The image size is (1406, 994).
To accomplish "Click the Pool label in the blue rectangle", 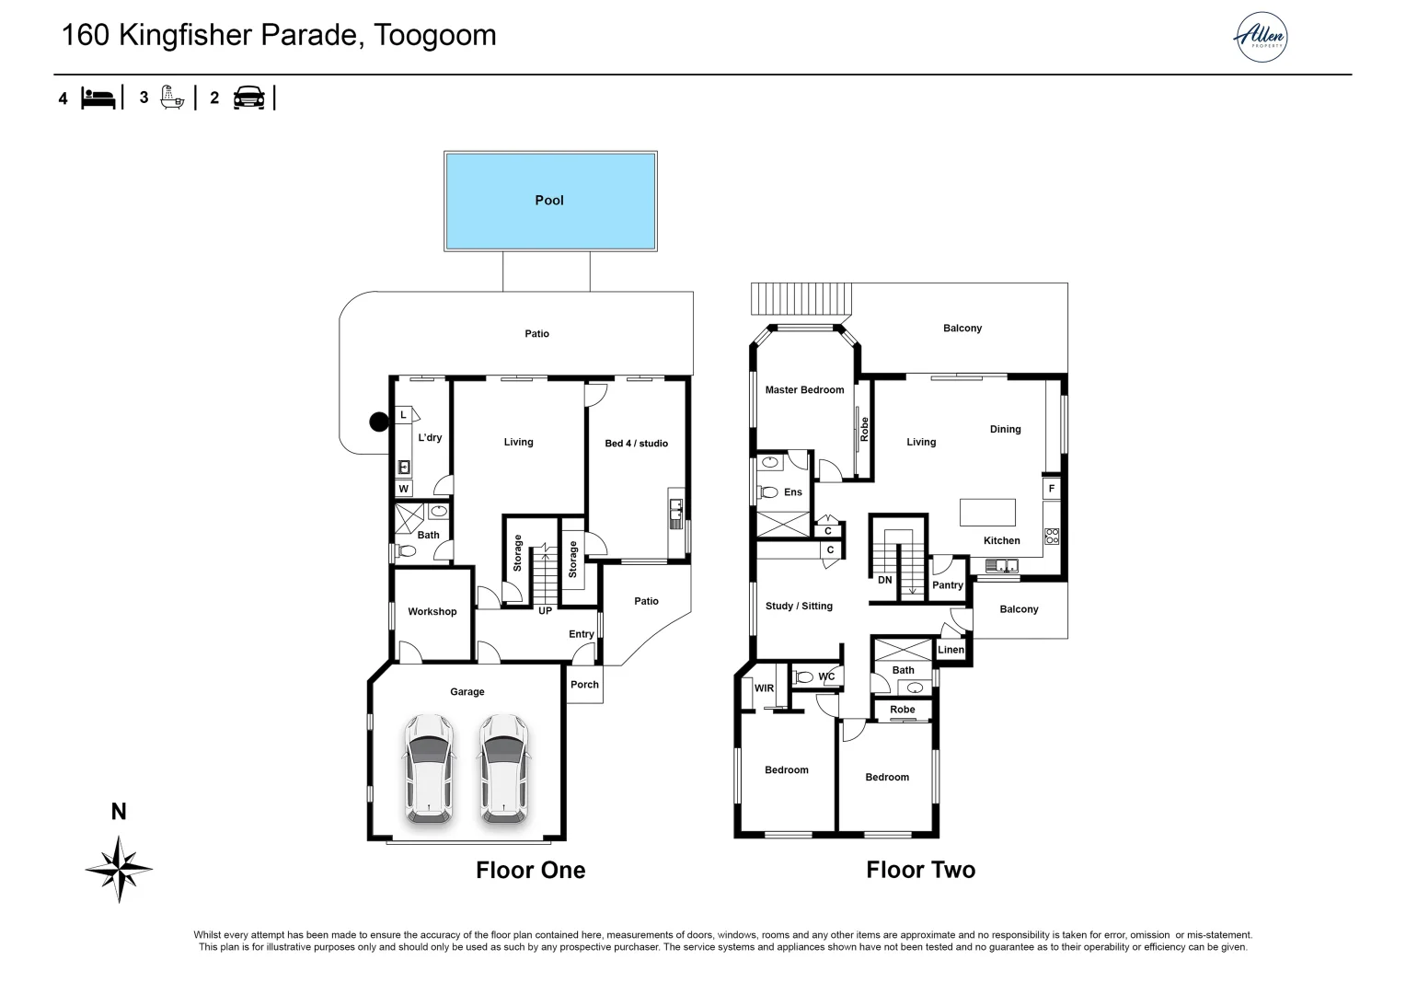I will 549,201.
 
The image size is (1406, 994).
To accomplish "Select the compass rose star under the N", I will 119,868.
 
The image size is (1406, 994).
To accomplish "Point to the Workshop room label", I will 432,612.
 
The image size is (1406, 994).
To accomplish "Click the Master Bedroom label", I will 804,390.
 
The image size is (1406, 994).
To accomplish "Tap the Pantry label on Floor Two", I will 947,585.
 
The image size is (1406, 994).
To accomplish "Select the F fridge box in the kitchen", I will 1051,489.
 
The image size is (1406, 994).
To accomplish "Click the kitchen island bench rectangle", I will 987,512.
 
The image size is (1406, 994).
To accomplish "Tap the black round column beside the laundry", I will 379,422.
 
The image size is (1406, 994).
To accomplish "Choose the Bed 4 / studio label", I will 636,444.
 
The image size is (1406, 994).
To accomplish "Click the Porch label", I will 584,685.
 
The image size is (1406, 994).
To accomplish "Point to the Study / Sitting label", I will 799,607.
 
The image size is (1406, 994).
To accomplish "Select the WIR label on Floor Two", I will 764,688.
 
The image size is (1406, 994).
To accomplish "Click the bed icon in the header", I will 98,98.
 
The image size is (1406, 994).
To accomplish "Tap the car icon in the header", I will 248,98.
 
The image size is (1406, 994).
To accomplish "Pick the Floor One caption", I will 530,871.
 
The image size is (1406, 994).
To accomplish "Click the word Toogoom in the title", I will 434,35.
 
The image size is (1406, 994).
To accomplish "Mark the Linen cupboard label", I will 951,650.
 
